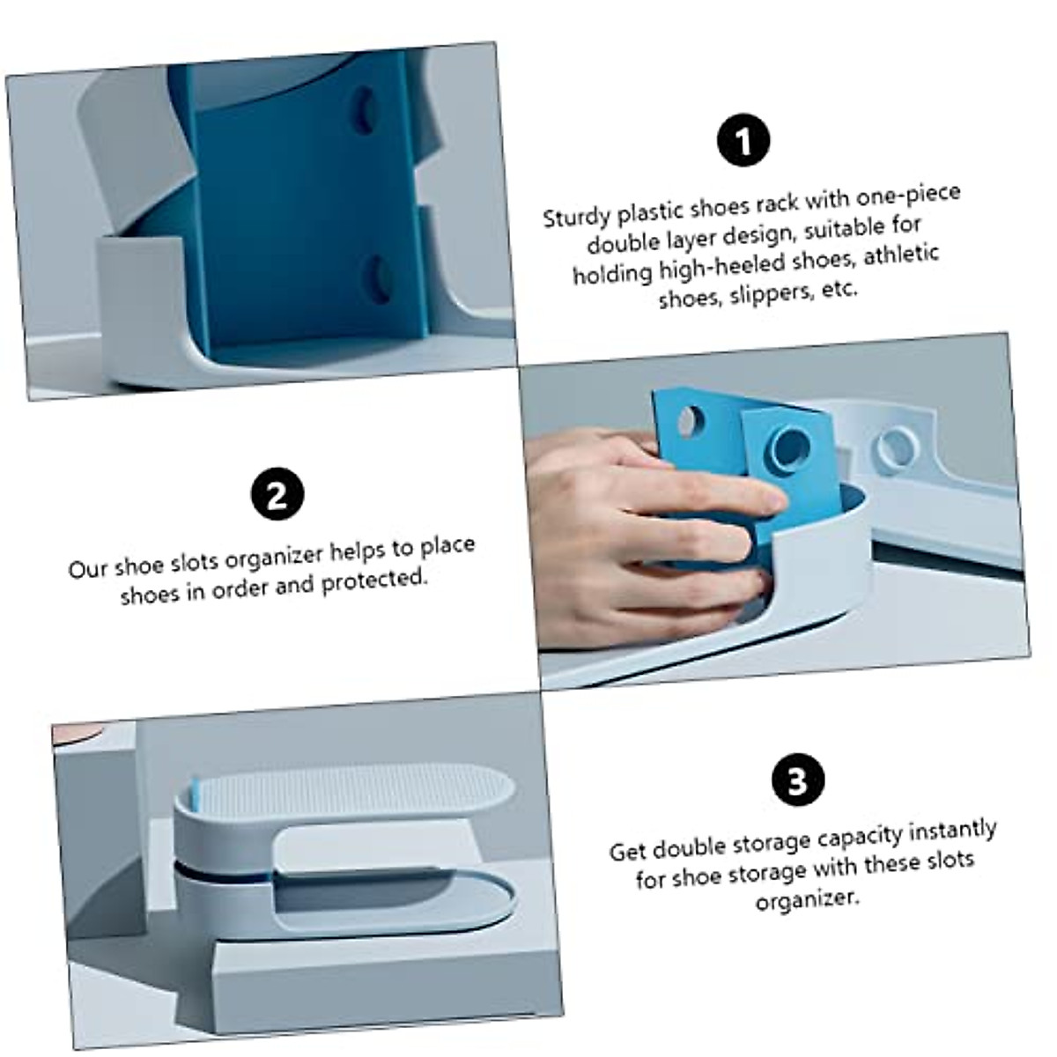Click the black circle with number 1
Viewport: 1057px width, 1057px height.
click(x=743, y=141)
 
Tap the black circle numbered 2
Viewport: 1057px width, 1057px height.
click(x=277, y=494)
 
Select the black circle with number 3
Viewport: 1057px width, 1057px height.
click(x=797, y=780)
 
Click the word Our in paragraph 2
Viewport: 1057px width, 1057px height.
click(x=88, y=568)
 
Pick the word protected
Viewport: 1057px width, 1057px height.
click(x=373, y=581)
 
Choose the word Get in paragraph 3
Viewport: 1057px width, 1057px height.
click(x=628, y=852)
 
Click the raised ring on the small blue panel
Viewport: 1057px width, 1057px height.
click(x=789, y=447)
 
